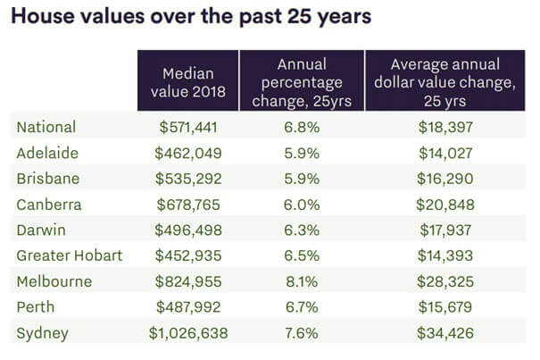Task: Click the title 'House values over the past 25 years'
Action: pyautogui.click(x=190, y=17)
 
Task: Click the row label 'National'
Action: pyautogui.click(x=46, y=127)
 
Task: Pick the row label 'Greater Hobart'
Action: pyautogui.click(x=70, y=255)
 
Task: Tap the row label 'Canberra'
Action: pyautogui.click(x=49, y=205)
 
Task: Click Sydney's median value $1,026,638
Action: pyautogui.click(x=187, y=333)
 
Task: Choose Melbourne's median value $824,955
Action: pyautogui.click(x=187, y=281)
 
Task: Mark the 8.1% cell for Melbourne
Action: pyautogui.click(x=302, y=281)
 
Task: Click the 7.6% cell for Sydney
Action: pyautogui.click(x=302, y=333)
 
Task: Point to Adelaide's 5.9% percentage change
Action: pyautogui.click(x=302, y=153)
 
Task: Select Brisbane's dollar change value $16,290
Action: pyautogui.click(x=445, y=179)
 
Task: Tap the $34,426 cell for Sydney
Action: pyautogui.click(x=445, y=333)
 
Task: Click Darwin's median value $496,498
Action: pyautogui.click(x=187, y=230)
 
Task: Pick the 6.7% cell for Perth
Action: pyautogui.click(x=302, y=307)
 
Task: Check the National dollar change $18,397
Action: pyautogui.click(x=445, y=127)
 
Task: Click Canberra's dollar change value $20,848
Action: pyautogui.click(x=445, y=205)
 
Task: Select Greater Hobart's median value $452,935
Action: pyautogui.click(x=187, y=255)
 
